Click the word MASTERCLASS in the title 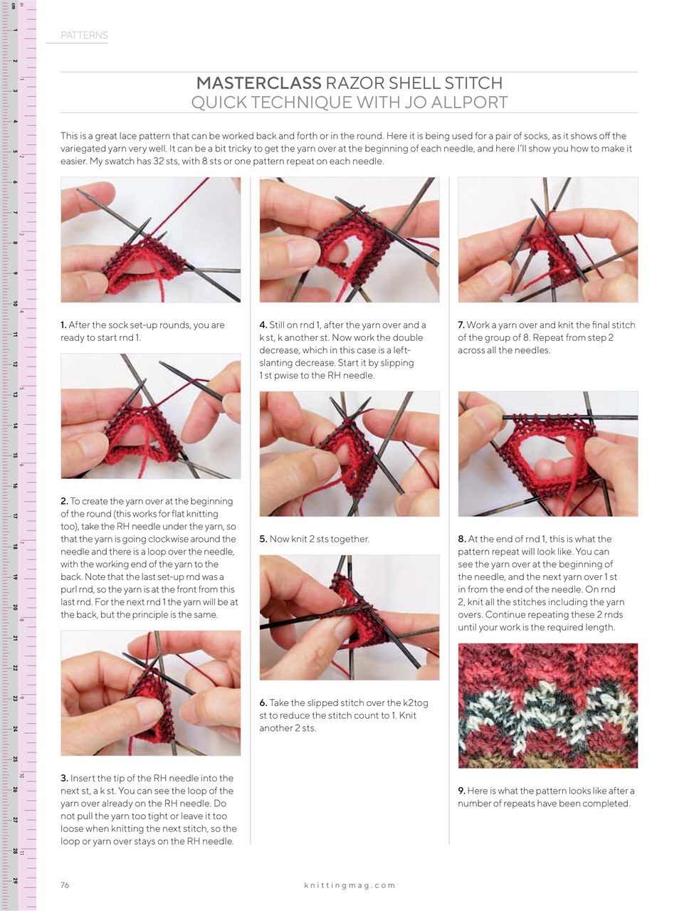tap(258, 83)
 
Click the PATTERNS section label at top tap(84, 35)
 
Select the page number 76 tap(65, 885)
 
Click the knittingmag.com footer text tap(349, 885)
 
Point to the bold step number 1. tap(63, 325)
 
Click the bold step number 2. tap(64, 501)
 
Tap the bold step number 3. tap(64, 778)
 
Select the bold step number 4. tap(263, 325)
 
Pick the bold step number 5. tap(263, 539)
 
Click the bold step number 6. tap(263, 702)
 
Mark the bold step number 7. tap(461, 325)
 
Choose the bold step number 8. tap(461, 539)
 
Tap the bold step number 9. tap(461, 791)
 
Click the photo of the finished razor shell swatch tap(547, 705)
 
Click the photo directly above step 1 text tap(150, 240)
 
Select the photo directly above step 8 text tap(547, 453)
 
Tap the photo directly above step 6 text tap(349, 617)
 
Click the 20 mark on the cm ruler tap(15, 607)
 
